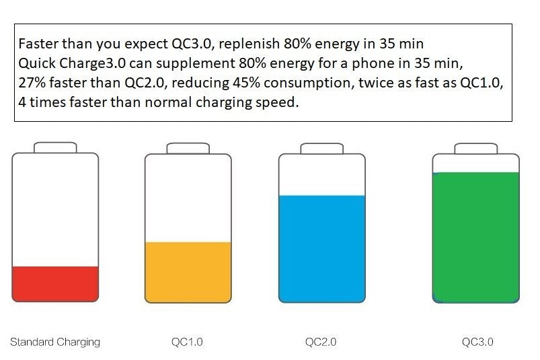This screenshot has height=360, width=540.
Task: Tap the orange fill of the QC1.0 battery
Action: point(188,273)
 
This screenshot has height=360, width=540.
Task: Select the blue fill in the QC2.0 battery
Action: point(322,250)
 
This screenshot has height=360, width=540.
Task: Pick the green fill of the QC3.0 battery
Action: point(475,236)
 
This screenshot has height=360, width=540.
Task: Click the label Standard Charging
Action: point(55,342)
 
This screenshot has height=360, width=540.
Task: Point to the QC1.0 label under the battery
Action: point(187,342)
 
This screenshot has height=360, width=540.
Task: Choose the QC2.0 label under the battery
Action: point(321,342)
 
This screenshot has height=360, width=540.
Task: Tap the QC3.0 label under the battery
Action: point(477,342)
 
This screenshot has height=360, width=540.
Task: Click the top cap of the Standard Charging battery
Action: point(55,147)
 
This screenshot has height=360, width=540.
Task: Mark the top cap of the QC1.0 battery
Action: point(188,147)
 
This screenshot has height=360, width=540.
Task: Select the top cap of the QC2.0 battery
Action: point(322,147)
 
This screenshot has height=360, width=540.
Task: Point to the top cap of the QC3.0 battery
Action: point(475,147)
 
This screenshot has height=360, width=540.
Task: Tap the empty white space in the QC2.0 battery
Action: point(322,174)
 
